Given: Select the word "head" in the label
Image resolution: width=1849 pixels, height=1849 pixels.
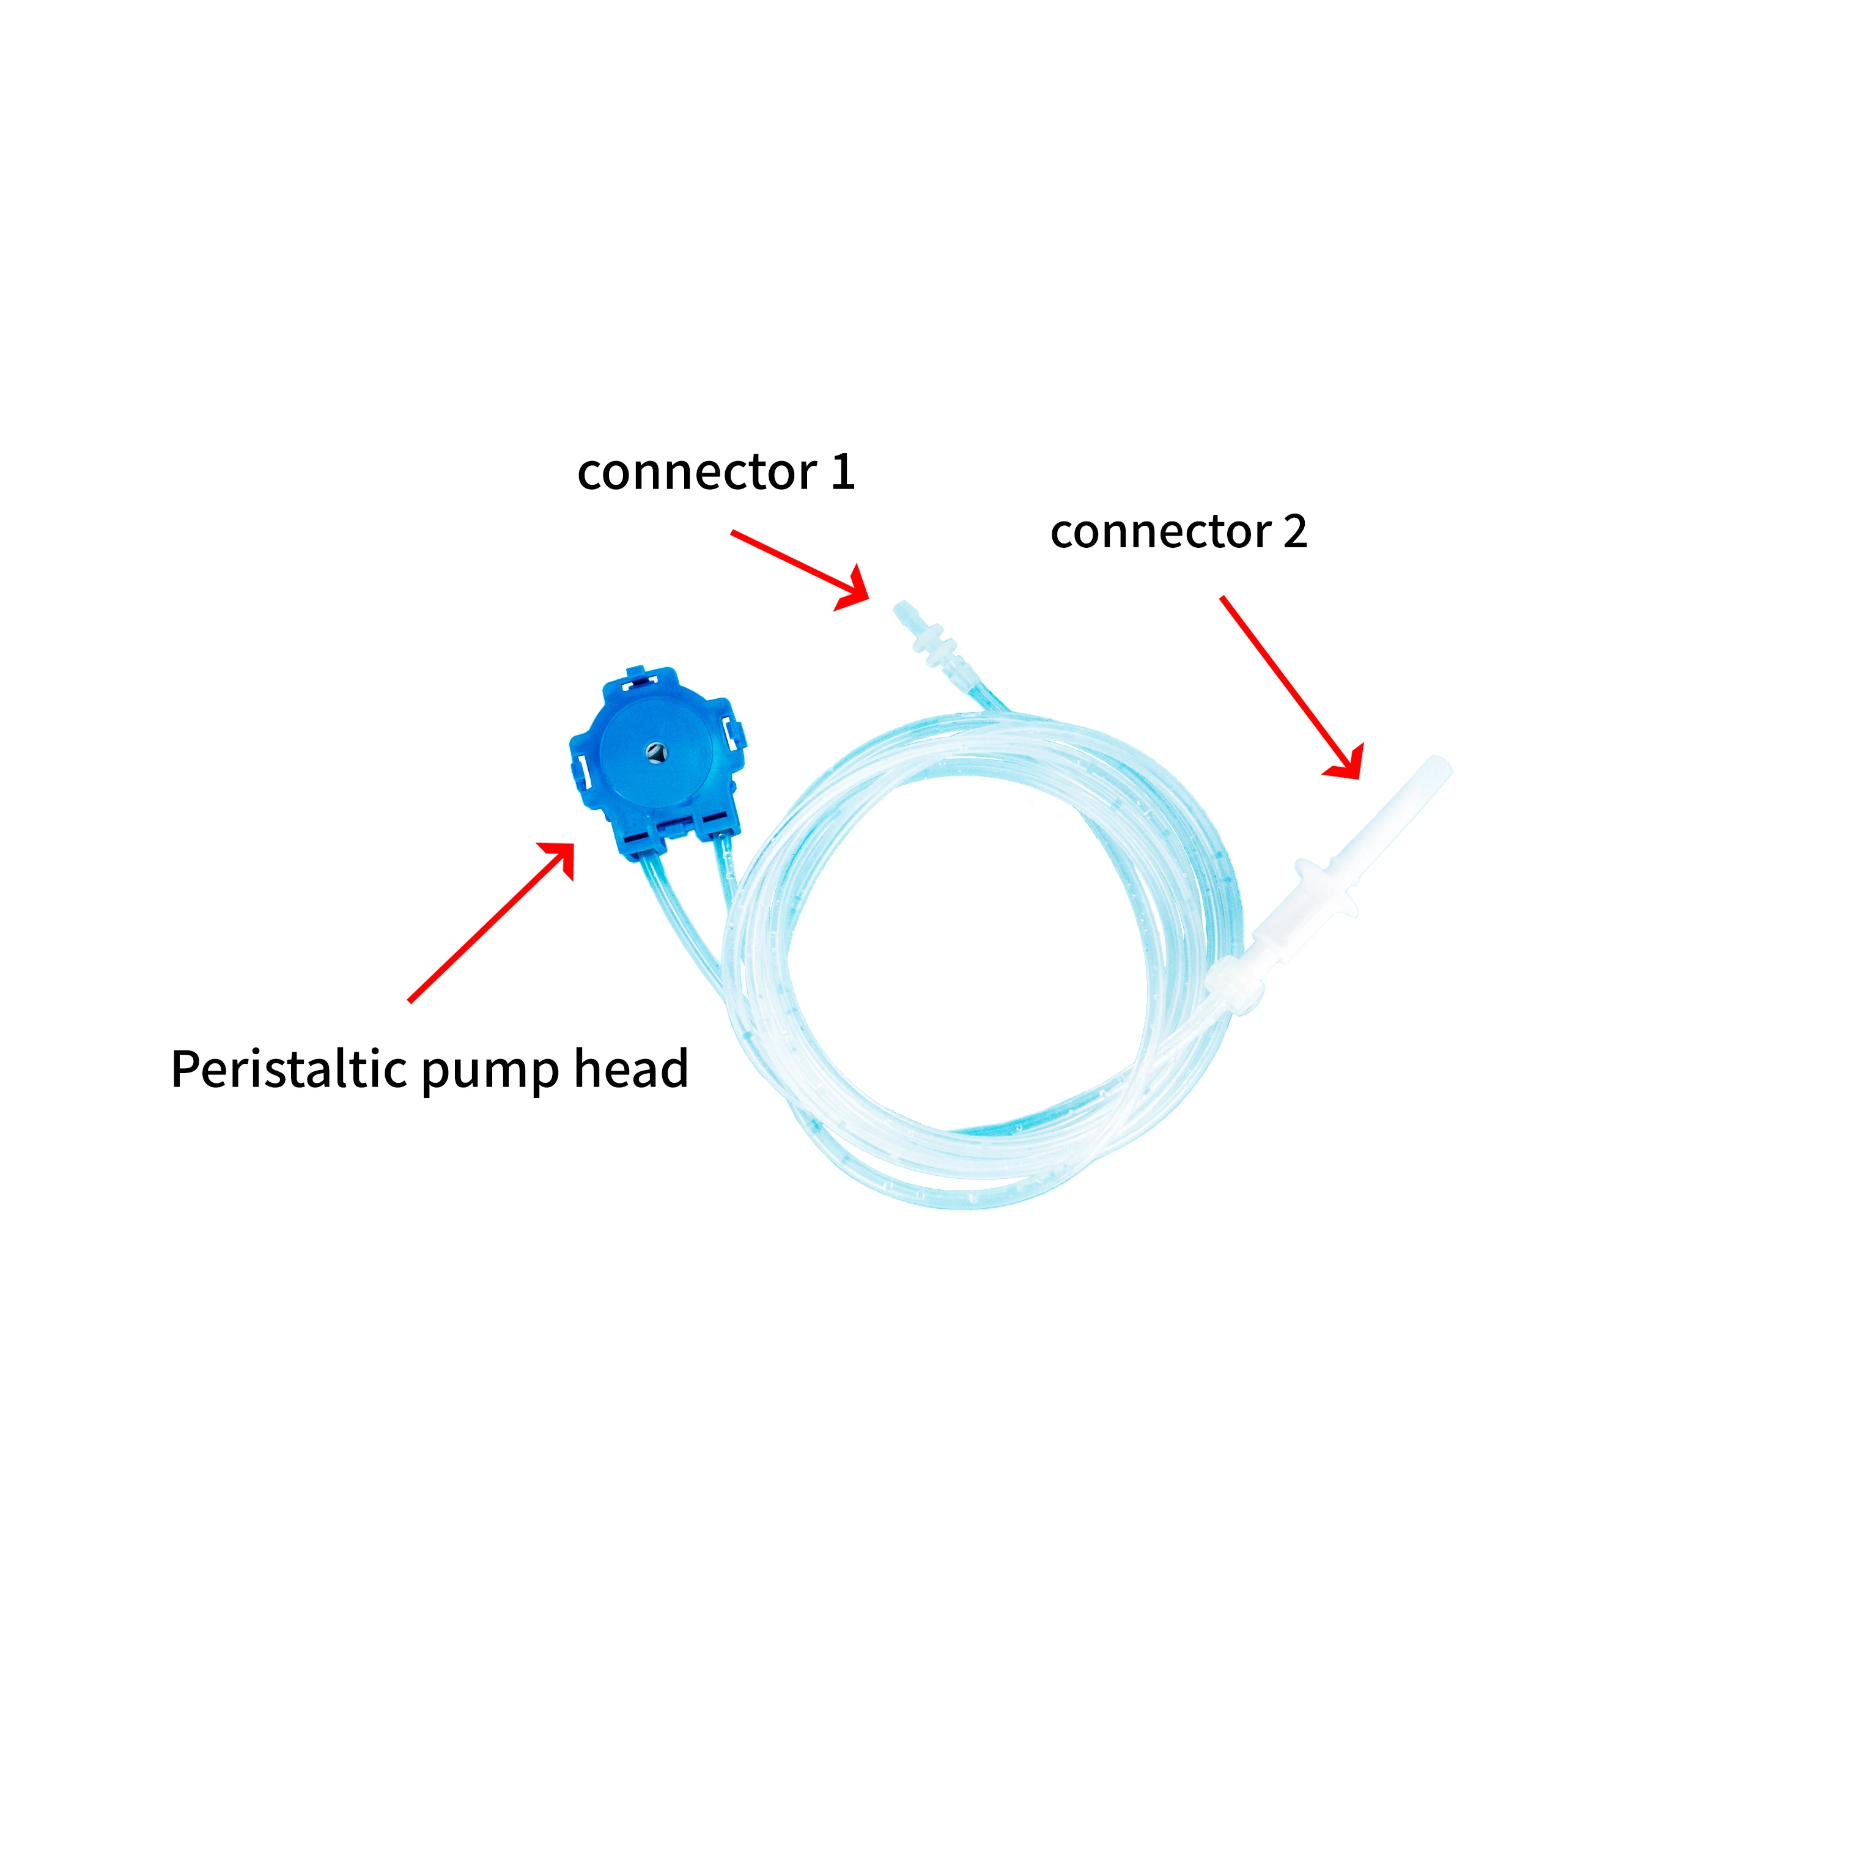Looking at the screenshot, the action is click(630, 1068).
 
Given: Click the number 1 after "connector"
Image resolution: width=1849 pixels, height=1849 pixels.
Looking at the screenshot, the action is click(842, 472).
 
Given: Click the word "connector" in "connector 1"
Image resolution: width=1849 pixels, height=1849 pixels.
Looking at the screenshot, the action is click(696, 473).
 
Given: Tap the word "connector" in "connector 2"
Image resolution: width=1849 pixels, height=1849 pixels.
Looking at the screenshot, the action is click(1160, 532).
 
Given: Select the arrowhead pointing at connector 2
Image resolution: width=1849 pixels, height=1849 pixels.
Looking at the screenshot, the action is click(1348, 764).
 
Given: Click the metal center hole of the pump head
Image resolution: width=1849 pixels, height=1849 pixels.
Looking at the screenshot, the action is click(655, 752).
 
